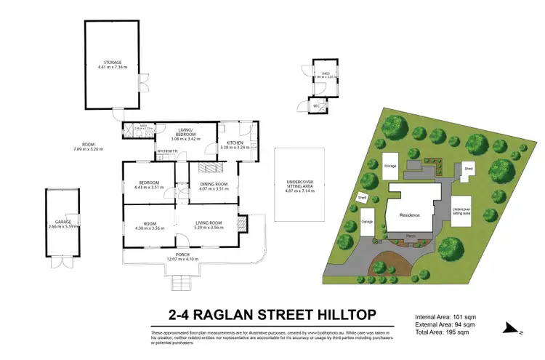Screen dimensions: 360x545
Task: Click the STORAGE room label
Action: pyautogui.click(x=113, y=63)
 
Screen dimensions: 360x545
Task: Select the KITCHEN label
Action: pyautogui.click(x=234, y=143)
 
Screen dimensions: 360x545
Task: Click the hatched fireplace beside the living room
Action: pyautogui.click(x=243, y=223)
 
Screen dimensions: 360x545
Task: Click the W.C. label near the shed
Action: pyautogui.click(x=316, y=106)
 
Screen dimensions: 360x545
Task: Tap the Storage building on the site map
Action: pyautogui.click(x=390, y=166)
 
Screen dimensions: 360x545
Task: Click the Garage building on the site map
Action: pyautogui.click(x=368, y=222)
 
